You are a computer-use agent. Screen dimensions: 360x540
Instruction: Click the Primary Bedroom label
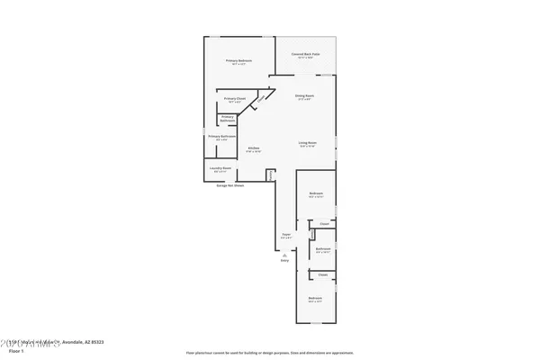click(238, 62)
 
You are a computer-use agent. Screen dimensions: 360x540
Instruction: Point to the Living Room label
click(309, 143)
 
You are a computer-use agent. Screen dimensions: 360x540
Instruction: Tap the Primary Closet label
click(235, 100)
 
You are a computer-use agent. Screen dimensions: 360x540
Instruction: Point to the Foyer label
click(285, 237)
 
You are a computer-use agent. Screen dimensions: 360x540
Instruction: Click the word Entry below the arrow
click(284, 261)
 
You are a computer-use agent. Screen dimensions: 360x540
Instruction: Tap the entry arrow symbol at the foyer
click(284, 254)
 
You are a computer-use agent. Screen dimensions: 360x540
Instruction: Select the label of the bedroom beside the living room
click(316, 195)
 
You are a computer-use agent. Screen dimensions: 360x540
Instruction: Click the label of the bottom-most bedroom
click(315, 299)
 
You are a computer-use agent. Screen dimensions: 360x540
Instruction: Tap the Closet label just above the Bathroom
click(324, 224)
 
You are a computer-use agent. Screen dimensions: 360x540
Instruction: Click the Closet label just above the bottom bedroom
click(321, 274)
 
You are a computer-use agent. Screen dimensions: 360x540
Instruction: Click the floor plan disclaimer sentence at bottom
click(269, 353)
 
